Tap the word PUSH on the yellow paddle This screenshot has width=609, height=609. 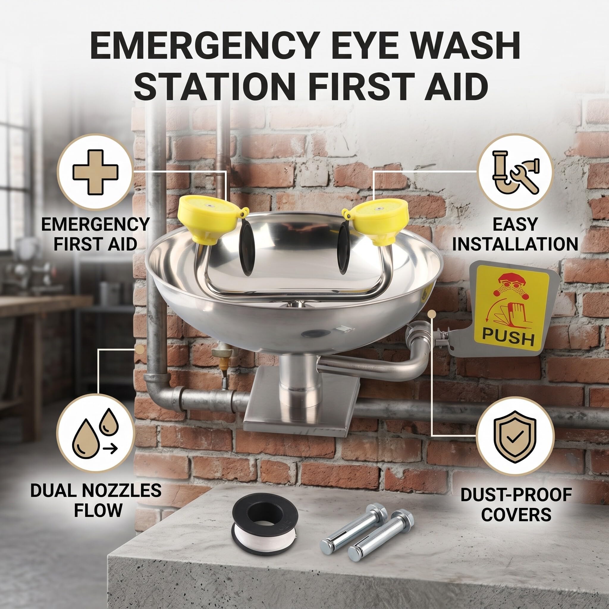(x=508, y=338)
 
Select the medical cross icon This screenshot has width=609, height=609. (x=95, y=172)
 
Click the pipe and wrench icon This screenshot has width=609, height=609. (x=515, y=172)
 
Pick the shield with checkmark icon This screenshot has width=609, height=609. (x=515, y=437)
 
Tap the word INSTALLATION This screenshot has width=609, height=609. (x=515, y=244)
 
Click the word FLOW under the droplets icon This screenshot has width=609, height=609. (x=98, y=510)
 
